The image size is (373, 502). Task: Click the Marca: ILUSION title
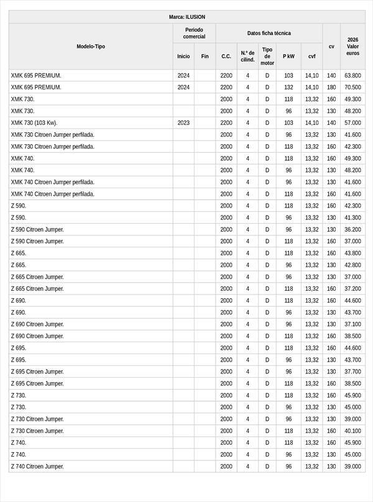(x=186, y=17)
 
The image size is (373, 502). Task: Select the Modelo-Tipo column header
(x=91, y=47)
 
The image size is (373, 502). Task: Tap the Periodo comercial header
(x=194, y=34)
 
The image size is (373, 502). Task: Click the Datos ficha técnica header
(x=269, y=34)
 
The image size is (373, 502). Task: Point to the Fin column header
(x=205, y=57)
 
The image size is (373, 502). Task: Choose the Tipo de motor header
(x=267, y=57)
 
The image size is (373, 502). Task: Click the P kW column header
(x=288, y=57)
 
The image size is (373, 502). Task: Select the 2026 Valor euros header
(x=352, y=47)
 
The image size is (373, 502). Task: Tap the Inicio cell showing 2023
(x=183, y=123)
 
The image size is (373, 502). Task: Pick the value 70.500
(x=352, y=88)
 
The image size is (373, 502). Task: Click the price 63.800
(x=352, y=76)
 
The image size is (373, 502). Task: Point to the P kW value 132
(x=288, y=88)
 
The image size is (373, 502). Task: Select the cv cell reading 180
(x=331, y=88)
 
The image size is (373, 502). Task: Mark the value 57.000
(x=352, y=123)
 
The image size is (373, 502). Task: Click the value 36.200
(x=352, y=230)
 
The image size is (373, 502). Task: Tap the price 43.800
(x=352, y=253)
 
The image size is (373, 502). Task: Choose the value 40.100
(x=352, y=431)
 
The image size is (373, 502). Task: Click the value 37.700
(x=352, y=372)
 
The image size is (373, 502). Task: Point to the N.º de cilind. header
(x=247, y=57)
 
